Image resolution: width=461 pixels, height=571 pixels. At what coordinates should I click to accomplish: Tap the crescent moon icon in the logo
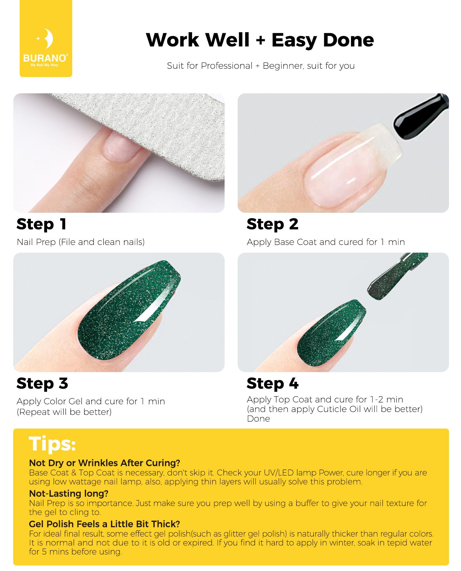coord(48,39)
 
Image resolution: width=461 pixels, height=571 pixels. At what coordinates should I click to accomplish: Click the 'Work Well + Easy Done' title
coord(260,40)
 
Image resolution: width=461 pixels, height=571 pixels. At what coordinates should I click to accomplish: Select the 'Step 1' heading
coord(41,224)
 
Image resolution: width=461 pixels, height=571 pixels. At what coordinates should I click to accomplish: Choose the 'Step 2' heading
coord(272,224)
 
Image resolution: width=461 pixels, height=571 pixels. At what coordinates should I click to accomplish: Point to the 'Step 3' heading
coord(42,383)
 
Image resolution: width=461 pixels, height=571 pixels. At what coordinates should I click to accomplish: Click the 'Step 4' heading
coord(272,383)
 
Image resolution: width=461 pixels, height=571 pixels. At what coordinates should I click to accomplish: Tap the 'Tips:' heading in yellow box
coord(52,444)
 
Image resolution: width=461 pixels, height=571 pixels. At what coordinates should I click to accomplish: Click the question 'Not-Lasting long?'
coord(69,493)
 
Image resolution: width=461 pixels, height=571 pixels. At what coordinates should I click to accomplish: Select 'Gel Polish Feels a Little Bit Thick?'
coord(104,524)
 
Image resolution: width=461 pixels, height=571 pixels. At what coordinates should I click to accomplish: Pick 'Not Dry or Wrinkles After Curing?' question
coord(104,463)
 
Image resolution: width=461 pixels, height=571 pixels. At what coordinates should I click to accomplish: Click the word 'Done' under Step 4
coord(258,419)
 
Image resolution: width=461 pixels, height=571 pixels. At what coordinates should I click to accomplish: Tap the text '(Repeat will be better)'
coord(64,412)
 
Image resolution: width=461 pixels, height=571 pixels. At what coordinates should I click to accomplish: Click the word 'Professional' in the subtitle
coord(227,66)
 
